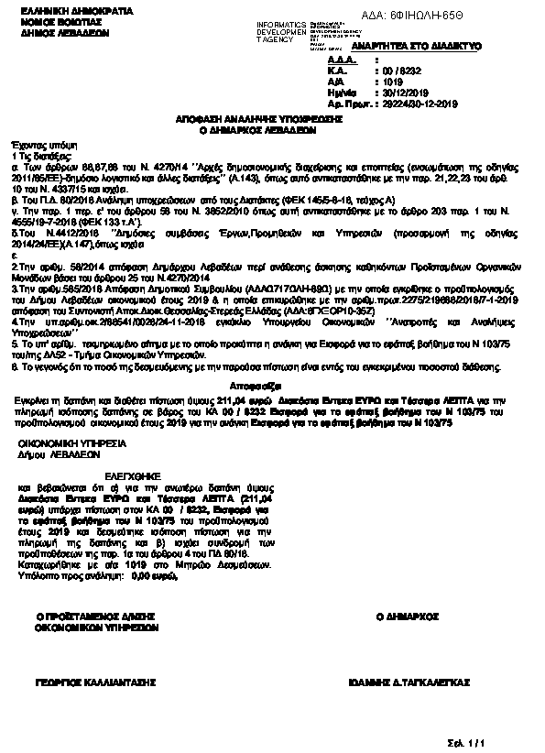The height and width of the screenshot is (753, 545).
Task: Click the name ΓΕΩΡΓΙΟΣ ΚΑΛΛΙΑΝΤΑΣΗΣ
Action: (x=95, y=683)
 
